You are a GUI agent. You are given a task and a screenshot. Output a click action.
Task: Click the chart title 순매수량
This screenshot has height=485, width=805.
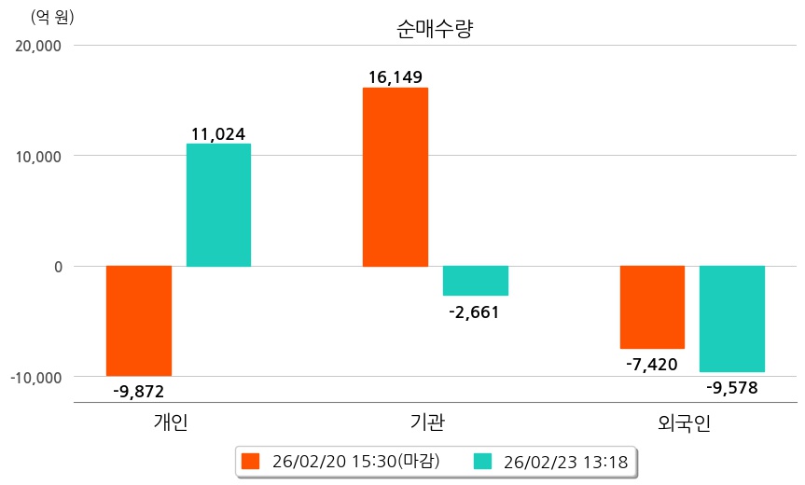click(436, 29)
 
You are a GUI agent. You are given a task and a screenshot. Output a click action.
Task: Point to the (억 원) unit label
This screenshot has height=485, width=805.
click(52, 17)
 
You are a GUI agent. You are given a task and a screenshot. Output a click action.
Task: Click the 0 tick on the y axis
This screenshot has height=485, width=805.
click(57, 267)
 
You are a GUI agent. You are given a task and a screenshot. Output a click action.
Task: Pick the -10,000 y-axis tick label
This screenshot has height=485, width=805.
click(35, 377)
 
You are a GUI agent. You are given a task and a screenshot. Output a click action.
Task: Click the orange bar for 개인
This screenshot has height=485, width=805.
click(139, 321)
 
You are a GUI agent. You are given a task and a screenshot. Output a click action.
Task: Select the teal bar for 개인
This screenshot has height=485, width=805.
click(218, 205)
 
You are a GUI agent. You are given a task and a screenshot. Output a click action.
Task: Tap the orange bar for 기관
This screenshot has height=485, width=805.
click(396, 177)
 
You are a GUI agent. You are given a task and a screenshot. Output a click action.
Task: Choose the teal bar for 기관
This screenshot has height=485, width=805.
click(476, 281)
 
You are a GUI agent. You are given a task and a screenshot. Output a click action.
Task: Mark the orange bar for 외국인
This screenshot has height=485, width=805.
click(652, 307)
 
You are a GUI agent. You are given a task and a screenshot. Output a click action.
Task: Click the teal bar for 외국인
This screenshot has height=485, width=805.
click(732, 319)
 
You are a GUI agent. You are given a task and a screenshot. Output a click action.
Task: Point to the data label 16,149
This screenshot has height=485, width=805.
click(396, 76)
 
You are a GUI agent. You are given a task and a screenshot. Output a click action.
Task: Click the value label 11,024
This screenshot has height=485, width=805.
click(218, 134)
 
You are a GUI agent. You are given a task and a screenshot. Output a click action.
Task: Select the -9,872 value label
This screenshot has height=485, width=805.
click(138, 392)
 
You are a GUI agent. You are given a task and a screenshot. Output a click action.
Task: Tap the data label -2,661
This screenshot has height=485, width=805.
click(475, 312)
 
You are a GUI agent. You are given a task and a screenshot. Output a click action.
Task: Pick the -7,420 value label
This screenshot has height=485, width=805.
click(652, 364)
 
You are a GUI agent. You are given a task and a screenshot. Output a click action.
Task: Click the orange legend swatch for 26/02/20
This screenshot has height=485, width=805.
click(249, 461)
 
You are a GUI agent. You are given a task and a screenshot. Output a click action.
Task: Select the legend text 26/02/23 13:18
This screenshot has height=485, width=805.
click(563, 461)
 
